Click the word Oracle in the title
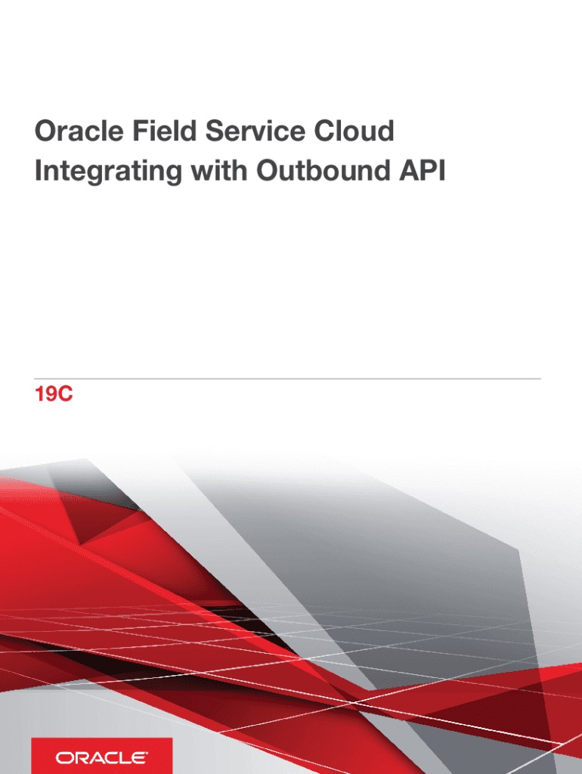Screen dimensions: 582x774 coord(79,131)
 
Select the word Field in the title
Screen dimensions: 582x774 coord(164,131)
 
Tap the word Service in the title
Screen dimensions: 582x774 coord(255,131)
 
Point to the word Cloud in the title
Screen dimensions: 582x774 coord(354,131)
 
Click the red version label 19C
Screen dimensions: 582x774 coord(54,395)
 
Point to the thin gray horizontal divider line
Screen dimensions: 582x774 coord(288,379)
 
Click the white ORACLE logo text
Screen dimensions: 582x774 coord(101,757)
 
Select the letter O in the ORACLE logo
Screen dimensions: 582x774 coord(63,757)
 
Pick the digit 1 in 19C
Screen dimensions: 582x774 coord(39,395)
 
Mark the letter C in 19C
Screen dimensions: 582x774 coord(66,395)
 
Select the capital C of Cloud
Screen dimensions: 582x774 coord(325,131)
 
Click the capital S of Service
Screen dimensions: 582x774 coord(215,131)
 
